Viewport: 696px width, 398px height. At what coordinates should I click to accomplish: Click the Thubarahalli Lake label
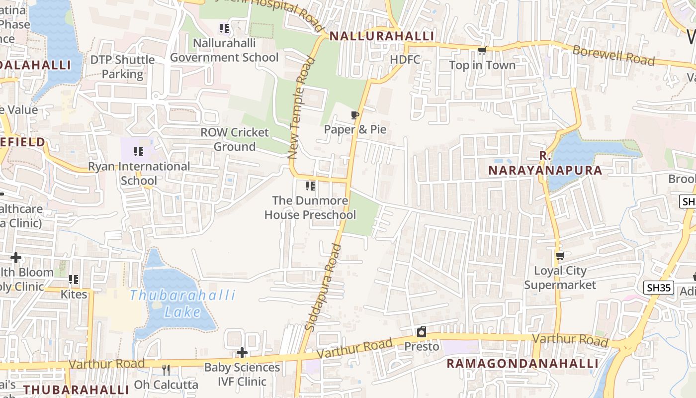[x=182, y=303]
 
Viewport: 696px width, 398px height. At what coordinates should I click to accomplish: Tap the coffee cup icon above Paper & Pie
[x=354, y=116]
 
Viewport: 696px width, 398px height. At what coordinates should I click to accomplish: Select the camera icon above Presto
[x=422, y=332]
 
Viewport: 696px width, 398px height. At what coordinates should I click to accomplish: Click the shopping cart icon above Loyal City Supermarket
[x=560, y=256]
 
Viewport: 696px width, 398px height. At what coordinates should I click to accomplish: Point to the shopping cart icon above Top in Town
[x=481, y=50]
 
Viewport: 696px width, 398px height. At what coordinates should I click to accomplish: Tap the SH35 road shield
[x=659, y=287]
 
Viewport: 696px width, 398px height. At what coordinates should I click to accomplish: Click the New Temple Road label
[x=301, y=108]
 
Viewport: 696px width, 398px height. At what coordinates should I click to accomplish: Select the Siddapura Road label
[x=323, y=287]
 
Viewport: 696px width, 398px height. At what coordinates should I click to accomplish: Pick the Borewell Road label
[x=613, y=55]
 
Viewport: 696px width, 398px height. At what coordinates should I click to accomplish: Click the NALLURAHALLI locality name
[x=382, y=36]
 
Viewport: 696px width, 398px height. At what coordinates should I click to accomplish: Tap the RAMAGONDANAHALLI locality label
[x=522, y=364]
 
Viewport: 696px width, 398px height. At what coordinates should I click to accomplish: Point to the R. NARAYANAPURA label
[x=545, y=164]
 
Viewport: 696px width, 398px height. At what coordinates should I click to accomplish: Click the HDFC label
[x=405, y=60]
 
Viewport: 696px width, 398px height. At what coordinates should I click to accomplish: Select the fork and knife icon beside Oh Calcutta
[x=166, y=370]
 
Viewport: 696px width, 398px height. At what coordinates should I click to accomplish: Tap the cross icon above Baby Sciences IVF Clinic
[x=242, y=353]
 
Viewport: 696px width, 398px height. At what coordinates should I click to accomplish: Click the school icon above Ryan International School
[x=139, y=151]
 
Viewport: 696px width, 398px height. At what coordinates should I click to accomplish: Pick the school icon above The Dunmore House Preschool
[x=310, y=186]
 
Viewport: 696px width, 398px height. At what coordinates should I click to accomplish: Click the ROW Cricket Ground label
[x=234, y=139]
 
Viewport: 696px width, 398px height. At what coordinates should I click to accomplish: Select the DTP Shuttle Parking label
[x=122, y=67]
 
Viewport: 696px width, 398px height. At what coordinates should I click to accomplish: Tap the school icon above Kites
[x=74, y=280]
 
